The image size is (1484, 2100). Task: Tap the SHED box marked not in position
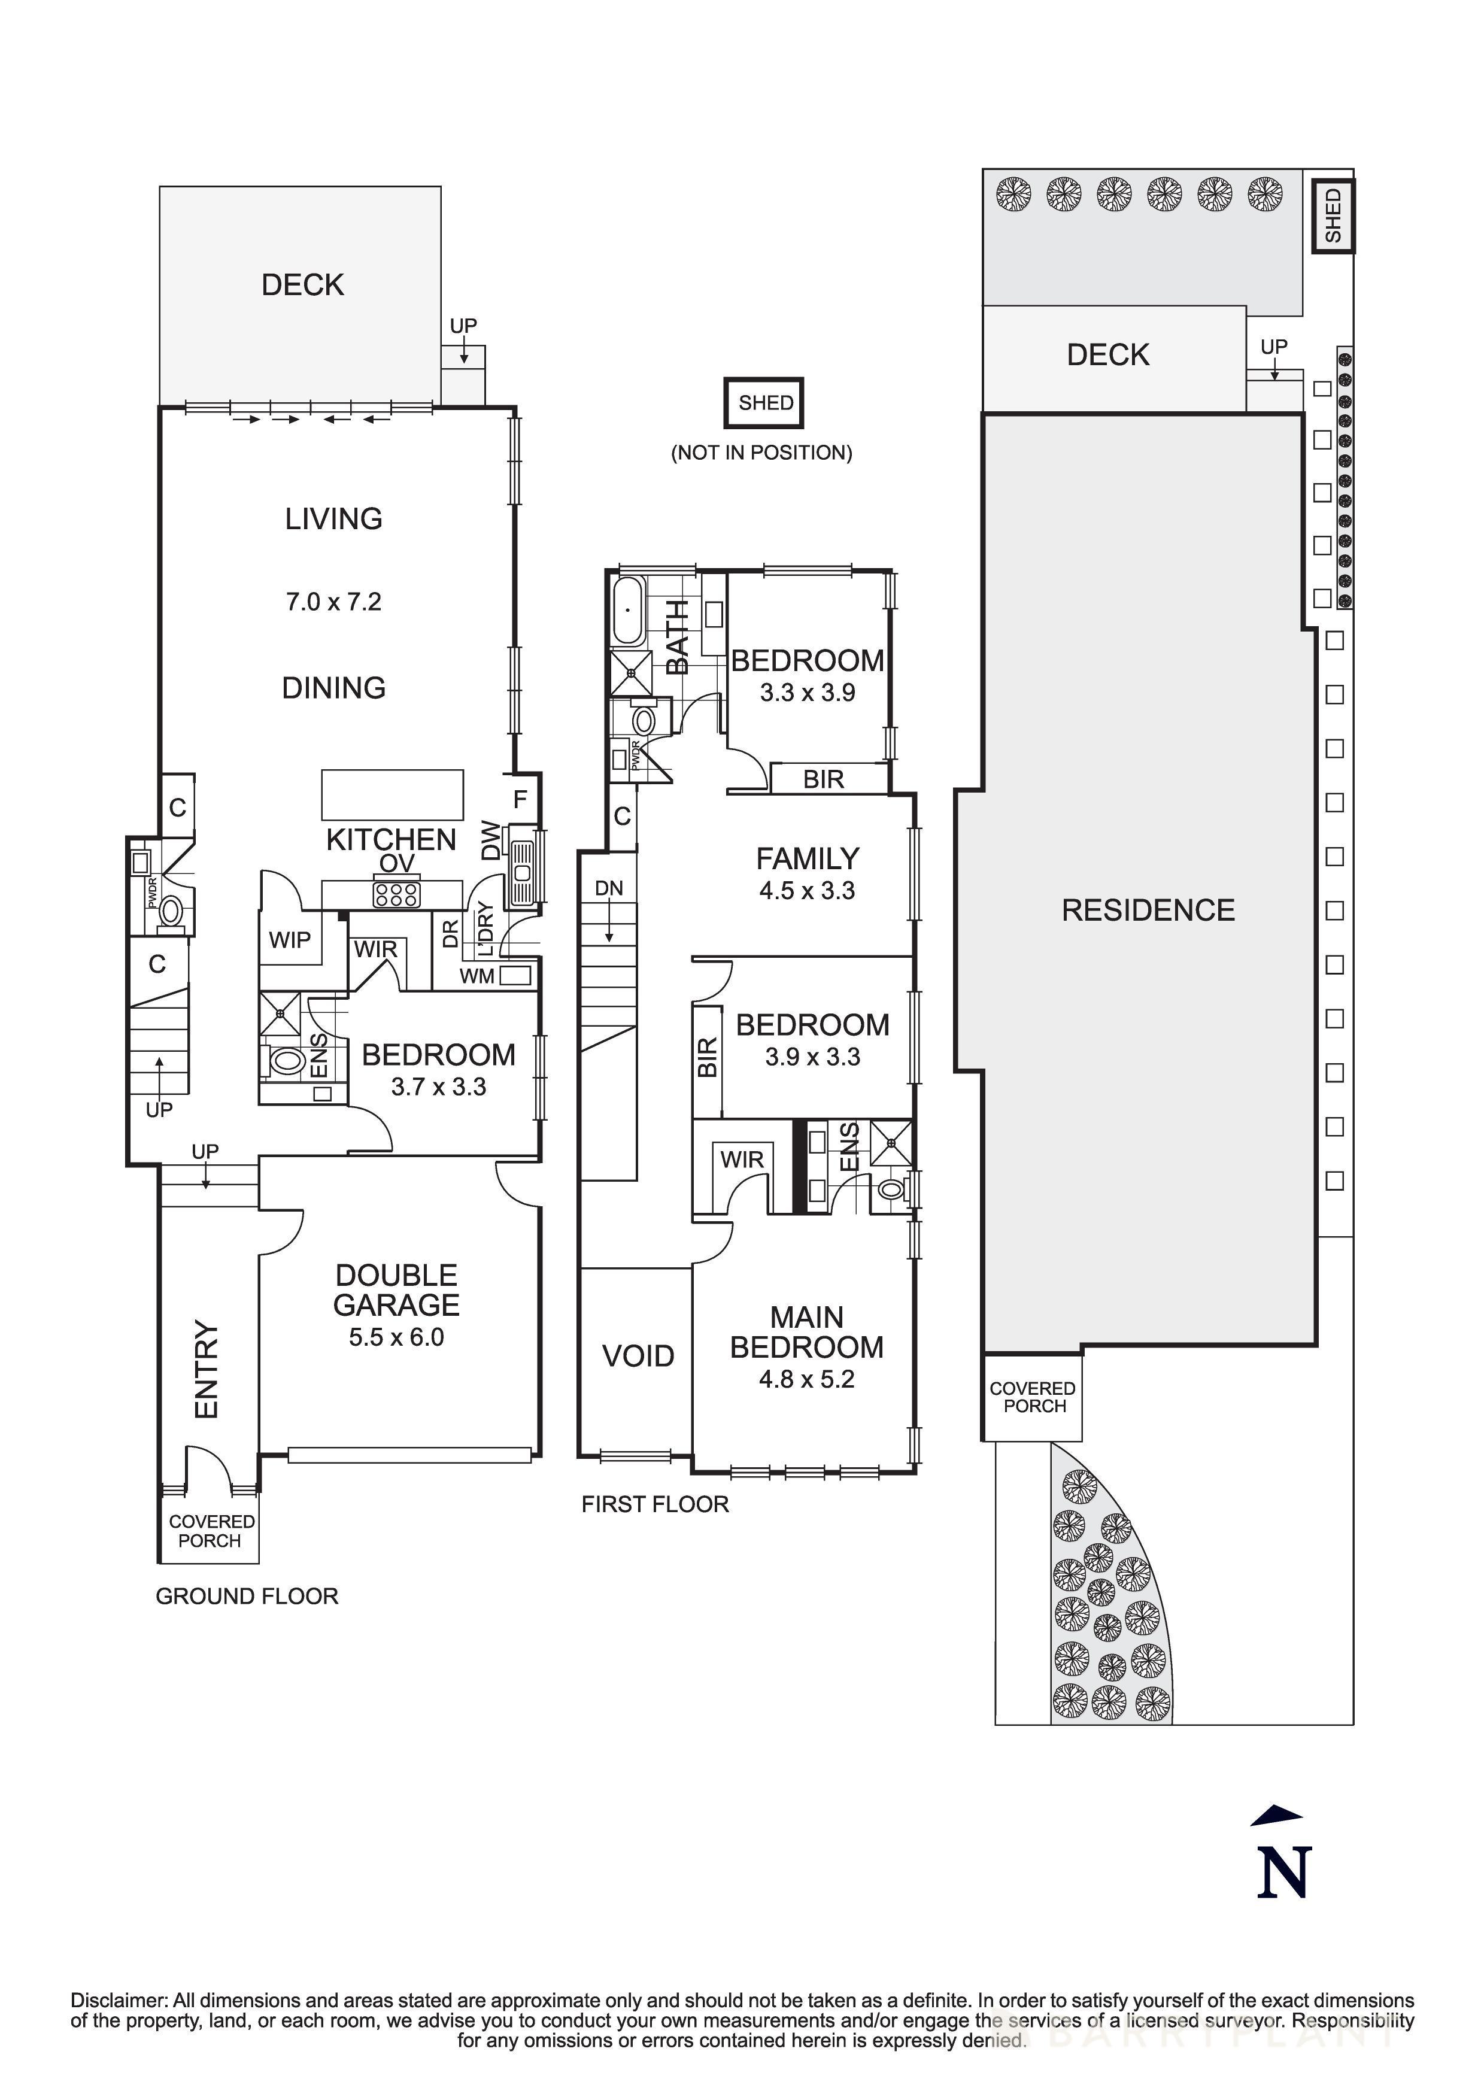coord(763,402)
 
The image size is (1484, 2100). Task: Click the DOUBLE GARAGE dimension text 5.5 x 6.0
coord(396,1337)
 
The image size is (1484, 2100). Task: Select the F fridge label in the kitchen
coord(520,799)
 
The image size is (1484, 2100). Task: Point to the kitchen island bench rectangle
coord(392,794)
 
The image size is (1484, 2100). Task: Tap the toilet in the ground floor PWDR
coord(170,910)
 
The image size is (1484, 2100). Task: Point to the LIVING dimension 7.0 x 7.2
coord(334,602)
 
